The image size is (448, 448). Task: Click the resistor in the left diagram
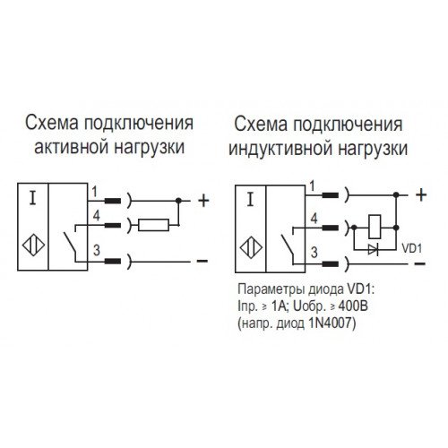[153, 225]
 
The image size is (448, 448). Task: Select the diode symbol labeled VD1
[374, 249]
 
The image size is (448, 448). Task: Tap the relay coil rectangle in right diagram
[375, 227]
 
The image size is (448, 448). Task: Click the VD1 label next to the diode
[412, 248]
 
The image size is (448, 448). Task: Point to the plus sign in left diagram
[203, 201]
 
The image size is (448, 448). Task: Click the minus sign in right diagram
[419, 263]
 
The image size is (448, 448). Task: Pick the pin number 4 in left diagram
[96, 215]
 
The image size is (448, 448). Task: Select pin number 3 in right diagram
[314, 253]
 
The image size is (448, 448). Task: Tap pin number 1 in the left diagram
[94, 192]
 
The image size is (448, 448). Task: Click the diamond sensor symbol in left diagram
[33, 246]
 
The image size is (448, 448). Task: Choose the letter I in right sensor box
[250, 200]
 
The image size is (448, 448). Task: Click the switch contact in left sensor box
[70, 242]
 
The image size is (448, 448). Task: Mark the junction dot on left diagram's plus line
[178, 201]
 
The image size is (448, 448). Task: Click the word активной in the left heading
[71, 147]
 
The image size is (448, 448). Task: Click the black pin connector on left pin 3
[113, 262]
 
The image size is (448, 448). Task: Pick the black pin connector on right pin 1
[330, 195]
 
